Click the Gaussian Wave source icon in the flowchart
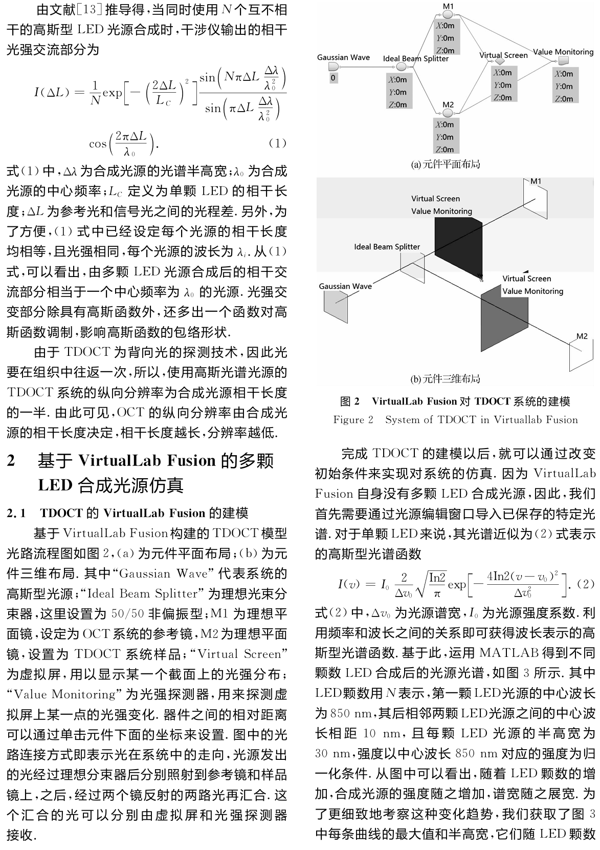point(334,68)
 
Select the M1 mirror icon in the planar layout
point(448,14)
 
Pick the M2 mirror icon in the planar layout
point(448,112)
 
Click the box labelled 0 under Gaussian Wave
point(334,78)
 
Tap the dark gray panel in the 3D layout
point(504,314)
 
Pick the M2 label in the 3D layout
point(582,336)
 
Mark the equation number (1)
point(277,143)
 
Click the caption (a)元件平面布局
point(446,165)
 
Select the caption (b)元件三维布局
point(446,379)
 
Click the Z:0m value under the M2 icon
point(445,150)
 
